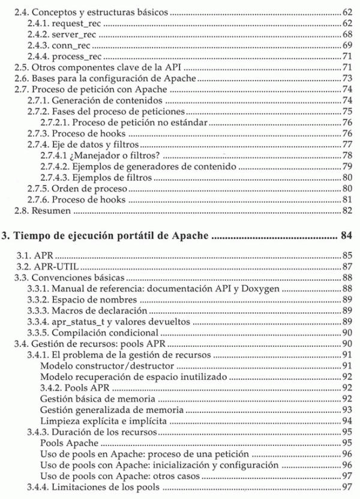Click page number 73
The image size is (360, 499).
(x=347, y=78)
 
